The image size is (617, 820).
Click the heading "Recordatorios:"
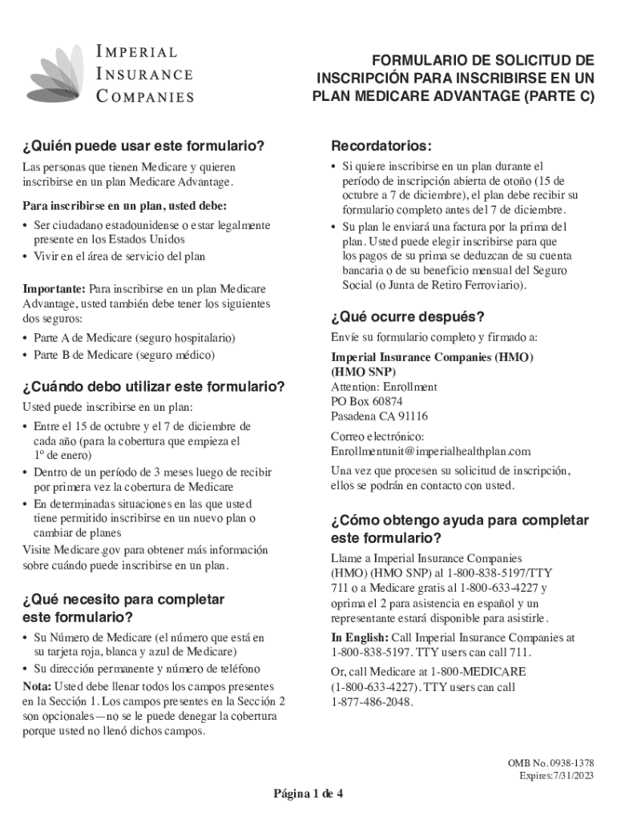tap(381, 147)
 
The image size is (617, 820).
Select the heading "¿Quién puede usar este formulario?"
tap(144, 147)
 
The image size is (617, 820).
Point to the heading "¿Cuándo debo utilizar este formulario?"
tap(155, 387)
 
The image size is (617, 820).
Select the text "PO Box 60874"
tap(367, 401)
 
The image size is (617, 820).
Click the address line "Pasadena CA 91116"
tap(379, 416)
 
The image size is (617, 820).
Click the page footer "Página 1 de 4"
tap(308, 794)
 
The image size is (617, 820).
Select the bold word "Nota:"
tap(38, 687)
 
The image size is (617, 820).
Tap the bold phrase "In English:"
tap(359, 638)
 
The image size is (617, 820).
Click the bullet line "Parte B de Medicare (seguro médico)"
tap(124, 355)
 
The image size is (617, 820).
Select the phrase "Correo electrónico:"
tap(377, 437)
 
